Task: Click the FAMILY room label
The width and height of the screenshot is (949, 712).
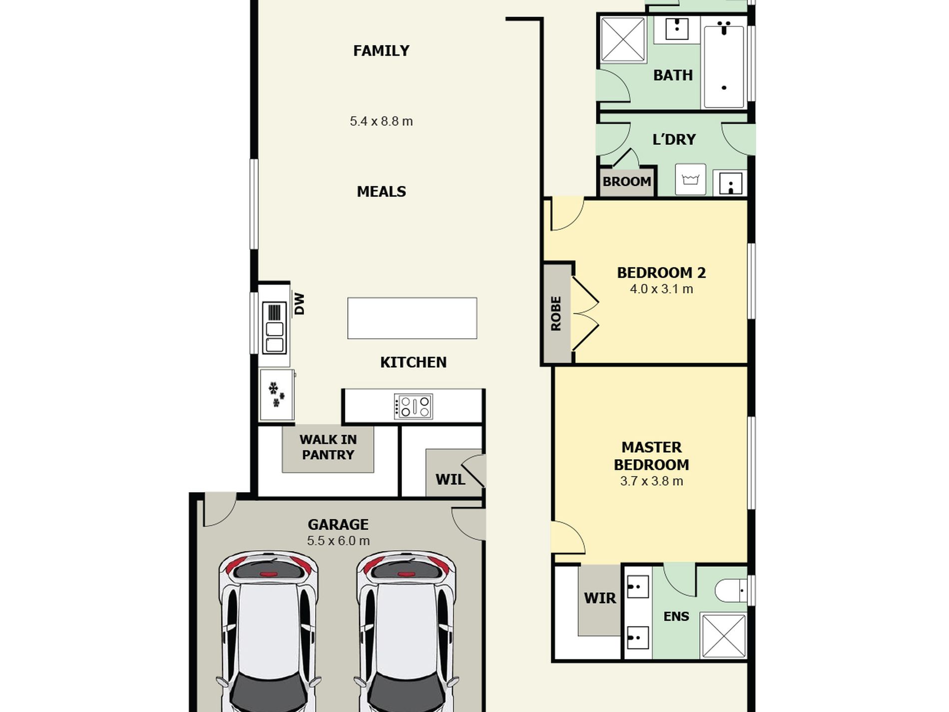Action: point(381,51)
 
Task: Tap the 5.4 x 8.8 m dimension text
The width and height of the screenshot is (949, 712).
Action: point(381,121)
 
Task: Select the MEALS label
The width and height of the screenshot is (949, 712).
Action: point(381,191)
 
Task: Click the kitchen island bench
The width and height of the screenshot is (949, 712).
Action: point(412,318)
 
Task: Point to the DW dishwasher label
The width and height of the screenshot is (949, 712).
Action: point(299,304)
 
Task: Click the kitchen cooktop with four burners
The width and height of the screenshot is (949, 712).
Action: point(413,407)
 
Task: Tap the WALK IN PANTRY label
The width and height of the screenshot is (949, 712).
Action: point(328,447)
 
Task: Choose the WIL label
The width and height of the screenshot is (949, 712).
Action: point(450,480)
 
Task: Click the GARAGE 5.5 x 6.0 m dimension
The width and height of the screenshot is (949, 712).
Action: point(338,541)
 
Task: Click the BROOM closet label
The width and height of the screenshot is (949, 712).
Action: point(627,181)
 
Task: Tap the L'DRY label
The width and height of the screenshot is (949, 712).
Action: point(674,139)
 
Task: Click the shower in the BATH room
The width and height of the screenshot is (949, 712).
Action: point(623,40)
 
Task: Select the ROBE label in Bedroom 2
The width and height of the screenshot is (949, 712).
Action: point(556,313)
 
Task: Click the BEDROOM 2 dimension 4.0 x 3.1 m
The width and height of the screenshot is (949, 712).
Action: point(661,289)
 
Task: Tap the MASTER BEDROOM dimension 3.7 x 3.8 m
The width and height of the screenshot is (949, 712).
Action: point(651,481)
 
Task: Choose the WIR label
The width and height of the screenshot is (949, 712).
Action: point(600,598)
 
